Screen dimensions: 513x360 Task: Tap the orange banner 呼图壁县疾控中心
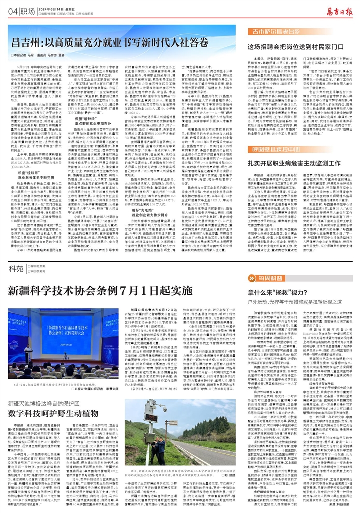270,149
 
